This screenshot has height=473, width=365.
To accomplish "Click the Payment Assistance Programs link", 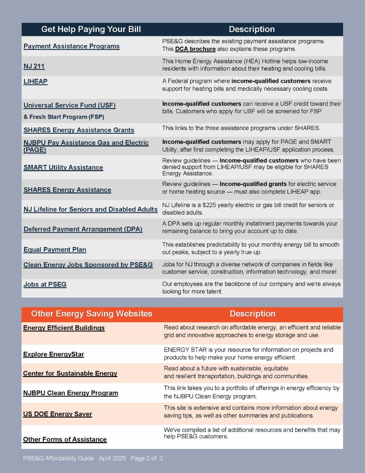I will pos(71,46).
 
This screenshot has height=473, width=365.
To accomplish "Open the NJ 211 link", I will pos(34,66).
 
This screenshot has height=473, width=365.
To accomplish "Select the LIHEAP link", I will pos(35,81).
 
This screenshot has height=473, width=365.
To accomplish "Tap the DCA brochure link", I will pos(195,49).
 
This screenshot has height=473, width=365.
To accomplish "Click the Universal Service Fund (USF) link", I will pos(69,105).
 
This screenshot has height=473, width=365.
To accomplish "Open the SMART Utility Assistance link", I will pos(63,168).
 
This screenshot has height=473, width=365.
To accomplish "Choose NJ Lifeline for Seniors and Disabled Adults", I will pos(90,209).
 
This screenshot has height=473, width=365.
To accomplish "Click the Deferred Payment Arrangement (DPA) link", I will pos(83,229).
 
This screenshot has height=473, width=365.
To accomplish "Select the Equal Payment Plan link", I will pos(55,249).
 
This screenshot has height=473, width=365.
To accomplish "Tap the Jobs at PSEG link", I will pos(45,284).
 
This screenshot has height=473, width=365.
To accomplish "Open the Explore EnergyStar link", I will pos(54,354).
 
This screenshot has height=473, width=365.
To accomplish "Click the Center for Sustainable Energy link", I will pos(70,373).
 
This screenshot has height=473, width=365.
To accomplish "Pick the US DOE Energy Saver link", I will pos(57,414).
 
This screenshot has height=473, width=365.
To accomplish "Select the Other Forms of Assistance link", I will pos(65,439).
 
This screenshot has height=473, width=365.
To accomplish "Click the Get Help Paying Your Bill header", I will pos(91,29).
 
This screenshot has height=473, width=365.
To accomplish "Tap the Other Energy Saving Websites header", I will pos(92,314).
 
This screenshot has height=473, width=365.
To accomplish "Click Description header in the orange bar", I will pos(252,314).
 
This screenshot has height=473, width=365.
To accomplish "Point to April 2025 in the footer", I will pos(112,458).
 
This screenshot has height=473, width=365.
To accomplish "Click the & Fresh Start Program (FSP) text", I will pos(64,117).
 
